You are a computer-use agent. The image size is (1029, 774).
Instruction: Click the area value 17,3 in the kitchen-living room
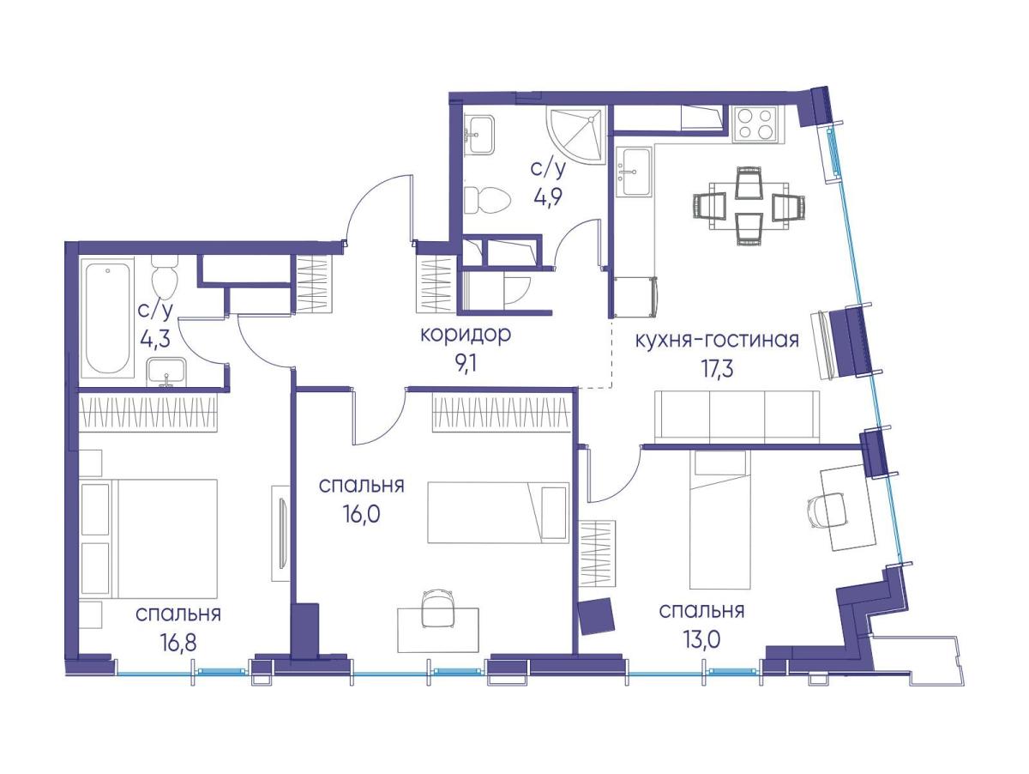[x=717, y=369]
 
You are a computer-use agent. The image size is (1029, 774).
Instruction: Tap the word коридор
[x=465, y=335]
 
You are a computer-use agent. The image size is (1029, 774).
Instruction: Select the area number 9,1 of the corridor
[x=466, y=363]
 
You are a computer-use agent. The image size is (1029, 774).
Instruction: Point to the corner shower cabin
[x=577, y=136]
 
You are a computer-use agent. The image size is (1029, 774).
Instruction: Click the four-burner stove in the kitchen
[x=757, y=124]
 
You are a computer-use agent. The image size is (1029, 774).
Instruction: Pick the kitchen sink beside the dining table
[x=634, y=172]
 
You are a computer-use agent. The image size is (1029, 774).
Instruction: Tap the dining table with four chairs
[x=749, y=205]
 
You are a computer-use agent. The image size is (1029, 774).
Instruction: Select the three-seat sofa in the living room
[x=737, y=416]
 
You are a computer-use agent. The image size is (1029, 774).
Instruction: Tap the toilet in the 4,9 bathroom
[x=486, y=200]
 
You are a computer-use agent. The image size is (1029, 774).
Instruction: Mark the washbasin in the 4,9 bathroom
[x=479, y=135]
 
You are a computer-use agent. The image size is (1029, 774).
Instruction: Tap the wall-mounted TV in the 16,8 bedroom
[x=281, y=534]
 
